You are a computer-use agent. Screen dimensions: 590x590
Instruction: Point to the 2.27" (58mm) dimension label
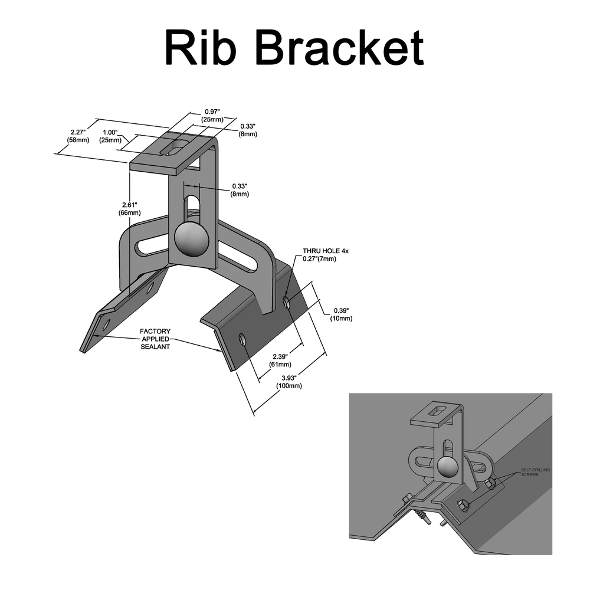coord(78,136)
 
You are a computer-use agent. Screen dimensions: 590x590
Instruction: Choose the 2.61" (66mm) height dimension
coord(130,208)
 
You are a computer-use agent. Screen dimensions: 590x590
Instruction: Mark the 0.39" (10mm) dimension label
coord(342,314)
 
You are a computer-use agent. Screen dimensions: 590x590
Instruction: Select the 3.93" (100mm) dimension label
coord(289,382)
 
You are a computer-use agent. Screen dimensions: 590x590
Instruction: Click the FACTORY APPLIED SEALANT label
coord(155,339)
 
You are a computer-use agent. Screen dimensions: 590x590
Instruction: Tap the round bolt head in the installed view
coord(447,468)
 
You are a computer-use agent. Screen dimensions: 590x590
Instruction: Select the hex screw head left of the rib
coord(408,500)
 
